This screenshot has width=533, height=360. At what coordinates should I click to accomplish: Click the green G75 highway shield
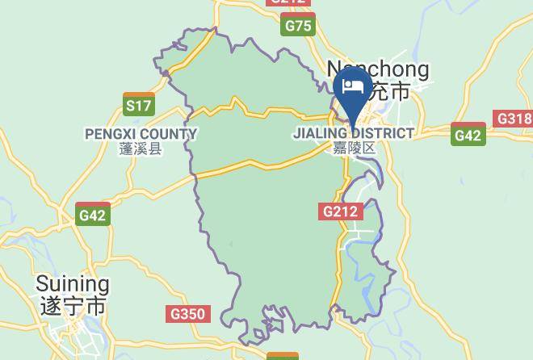[299, 27]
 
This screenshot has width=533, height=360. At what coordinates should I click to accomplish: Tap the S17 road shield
[139, 105]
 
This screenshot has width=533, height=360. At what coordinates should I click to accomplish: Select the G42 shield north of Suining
[93, 215]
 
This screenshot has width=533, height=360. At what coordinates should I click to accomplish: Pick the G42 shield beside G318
[468, 136]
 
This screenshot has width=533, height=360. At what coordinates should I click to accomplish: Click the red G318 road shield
[514, 119]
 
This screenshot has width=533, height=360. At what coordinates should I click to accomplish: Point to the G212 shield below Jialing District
[341, 211]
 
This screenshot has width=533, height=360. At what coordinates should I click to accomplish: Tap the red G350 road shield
[190, 314]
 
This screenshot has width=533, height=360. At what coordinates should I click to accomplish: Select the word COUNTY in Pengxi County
[169, 134]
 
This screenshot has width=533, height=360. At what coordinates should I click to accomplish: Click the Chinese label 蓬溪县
[141, 149]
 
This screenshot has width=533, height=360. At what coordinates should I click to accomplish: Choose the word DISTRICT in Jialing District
[382, 133]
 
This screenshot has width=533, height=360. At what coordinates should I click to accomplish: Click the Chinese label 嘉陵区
[355, 148]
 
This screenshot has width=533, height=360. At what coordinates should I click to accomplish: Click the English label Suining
[72, 284]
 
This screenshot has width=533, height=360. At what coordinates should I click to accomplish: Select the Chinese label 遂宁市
[72, 306]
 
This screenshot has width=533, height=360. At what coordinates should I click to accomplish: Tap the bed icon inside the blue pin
[353, 87]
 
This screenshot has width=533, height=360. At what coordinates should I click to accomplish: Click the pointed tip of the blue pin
[353, 123]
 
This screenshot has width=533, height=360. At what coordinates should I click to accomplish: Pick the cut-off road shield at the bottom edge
[282, 355]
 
